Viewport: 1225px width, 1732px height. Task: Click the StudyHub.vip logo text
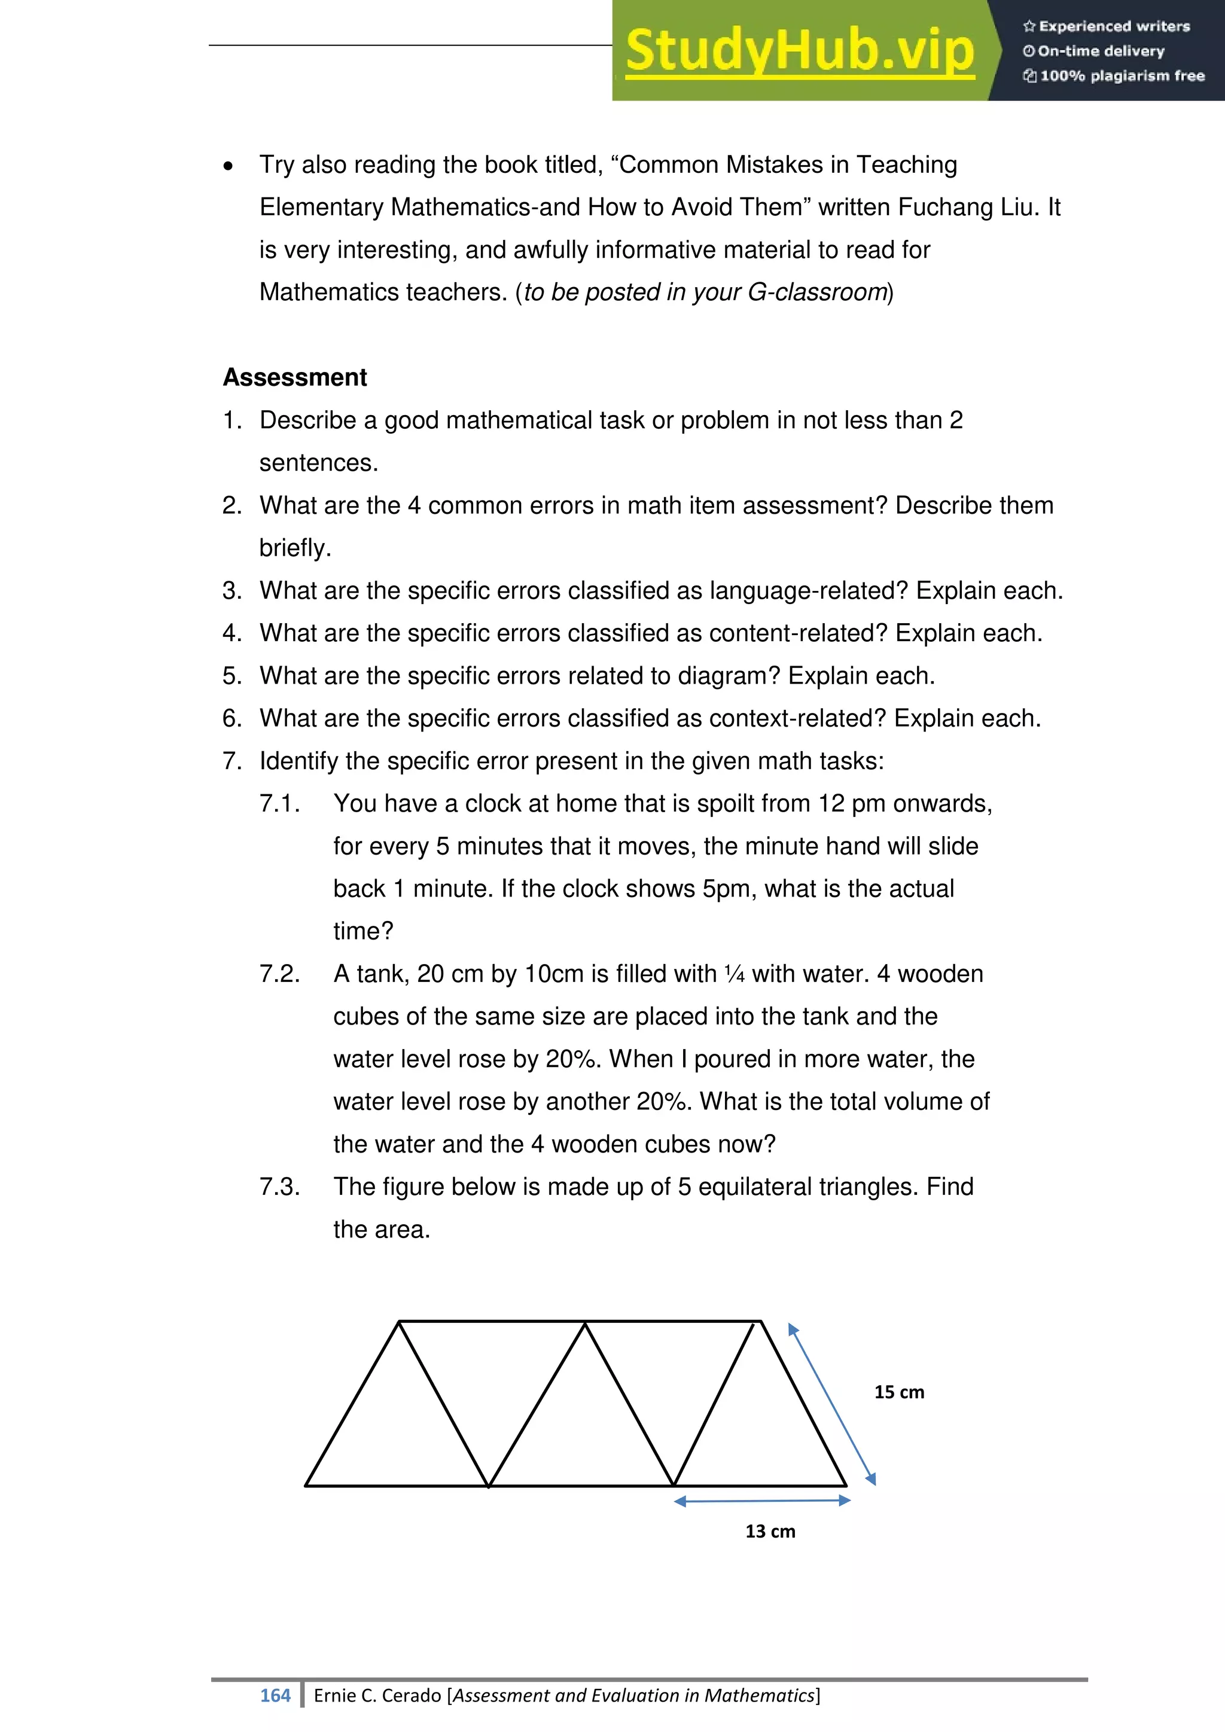[800, 51]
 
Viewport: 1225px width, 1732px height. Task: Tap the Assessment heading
[295, 377]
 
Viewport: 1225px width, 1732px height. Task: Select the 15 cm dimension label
[899, 1392]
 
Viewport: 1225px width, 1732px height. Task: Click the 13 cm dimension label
[770, 1531]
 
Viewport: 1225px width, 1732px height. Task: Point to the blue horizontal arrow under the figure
[762, 1501]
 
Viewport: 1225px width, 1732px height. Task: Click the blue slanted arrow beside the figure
[832, 1404]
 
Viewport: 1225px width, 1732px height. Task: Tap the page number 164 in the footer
[275, 1696]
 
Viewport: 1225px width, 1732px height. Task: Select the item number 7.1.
[280, 803]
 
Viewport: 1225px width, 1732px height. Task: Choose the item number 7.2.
[280, 974]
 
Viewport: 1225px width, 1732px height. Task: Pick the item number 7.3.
[280, 1187]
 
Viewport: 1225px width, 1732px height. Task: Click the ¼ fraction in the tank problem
[734, 974]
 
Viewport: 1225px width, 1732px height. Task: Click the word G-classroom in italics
[817, 292]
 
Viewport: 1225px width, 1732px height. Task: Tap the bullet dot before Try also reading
[228, 166]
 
